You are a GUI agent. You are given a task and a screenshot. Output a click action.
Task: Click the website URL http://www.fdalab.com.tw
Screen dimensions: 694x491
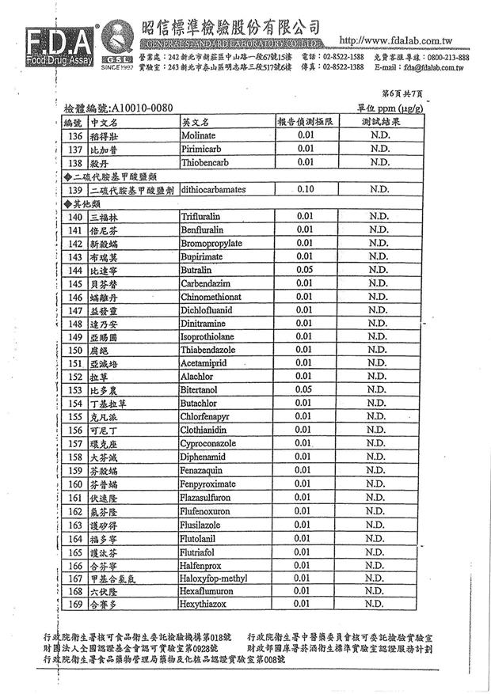(x=395, y=40)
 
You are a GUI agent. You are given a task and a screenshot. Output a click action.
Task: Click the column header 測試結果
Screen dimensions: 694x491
(x=380, y=123)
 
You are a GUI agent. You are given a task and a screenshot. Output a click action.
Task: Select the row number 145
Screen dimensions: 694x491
(x=75, y=283)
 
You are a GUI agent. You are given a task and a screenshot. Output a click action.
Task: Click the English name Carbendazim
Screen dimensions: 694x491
(x=207, y=283)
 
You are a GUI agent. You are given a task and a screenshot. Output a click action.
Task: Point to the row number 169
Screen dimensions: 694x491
(x=75, y=605)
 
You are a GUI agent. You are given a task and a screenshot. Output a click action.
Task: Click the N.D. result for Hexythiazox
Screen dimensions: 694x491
(x=379, y=605)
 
